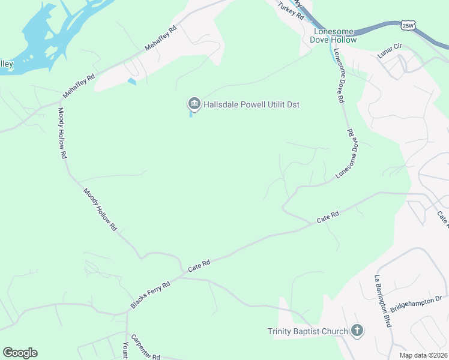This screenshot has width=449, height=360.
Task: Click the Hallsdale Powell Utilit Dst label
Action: [x=251, y=105]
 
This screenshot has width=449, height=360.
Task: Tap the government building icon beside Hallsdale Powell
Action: [x=194, y=104]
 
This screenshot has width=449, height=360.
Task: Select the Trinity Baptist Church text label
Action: [x=307, y=331]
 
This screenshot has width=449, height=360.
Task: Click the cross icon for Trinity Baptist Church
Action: [x=357, y=331]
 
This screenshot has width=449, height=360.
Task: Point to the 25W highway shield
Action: [x=408, y=25]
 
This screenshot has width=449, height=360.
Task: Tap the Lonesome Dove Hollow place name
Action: [x=333, y=35]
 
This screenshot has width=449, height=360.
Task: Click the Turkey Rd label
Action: [x=291, y=12]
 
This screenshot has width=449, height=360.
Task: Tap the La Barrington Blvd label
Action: [x=382, y=301]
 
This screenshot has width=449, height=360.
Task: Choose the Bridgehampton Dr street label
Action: [x=415, y=305]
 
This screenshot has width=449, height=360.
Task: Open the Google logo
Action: [x=20, y=353]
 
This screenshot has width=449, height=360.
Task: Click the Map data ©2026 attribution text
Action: [x=424, y=355]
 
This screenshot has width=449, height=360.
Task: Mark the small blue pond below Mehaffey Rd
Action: [x=132, y=82]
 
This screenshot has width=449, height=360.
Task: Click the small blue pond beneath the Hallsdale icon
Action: [x=191, y=115]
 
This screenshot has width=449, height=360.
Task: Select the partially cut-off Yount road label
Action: [x=125, y=351]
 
